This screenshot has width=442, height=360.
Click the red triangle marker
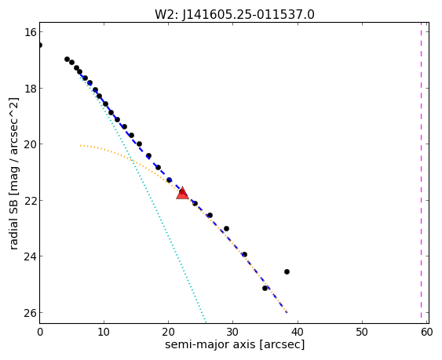182,193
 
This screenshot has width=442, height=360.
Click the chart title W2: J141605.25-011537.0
234,14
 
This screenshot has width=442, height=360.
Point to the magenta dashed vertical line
421,173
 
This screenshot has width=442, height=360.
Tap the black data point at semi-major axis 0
40,45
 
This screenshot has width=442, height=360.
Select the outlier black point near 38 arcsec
287,272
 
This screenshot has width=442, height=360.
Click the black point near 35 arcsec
265,288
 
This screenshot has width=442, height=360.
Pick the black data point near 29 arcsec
226,228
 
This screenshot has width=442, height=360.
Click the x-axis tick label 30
232,333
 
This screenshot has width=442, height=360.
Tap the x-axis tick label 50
362,333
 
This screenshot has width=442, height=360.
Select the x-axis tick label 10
104,333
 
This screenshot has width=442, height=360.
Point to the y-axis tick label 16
30,32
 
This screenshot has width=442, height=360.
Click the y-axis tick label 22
30,200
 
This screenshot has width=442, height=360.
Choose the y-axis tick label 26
30,313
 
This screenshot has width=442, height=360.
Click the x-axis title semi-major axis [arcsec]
235,345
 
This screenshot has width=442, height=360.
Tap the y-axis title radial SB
13,220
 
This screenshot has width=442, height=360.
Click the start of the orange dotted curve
80,146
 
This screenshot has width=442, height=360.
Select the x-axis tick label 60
427,333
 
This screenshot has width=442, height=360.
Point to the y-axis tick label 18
30,88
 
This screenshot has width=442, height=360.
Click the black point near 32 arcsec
244,254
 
